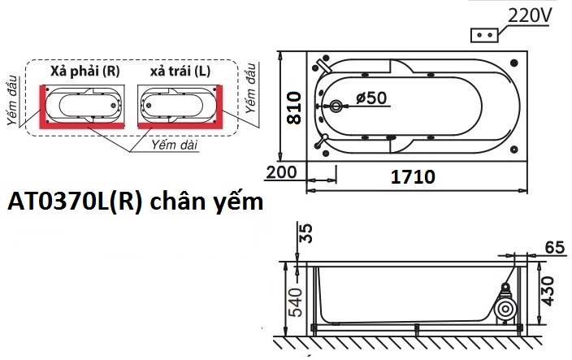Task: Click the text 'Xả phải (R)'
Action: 84,72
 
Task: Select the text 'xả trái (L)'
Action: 180,72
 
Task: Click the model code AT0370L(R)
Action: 75,201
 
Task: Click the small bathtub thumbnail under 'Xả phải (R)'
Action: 84,105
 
